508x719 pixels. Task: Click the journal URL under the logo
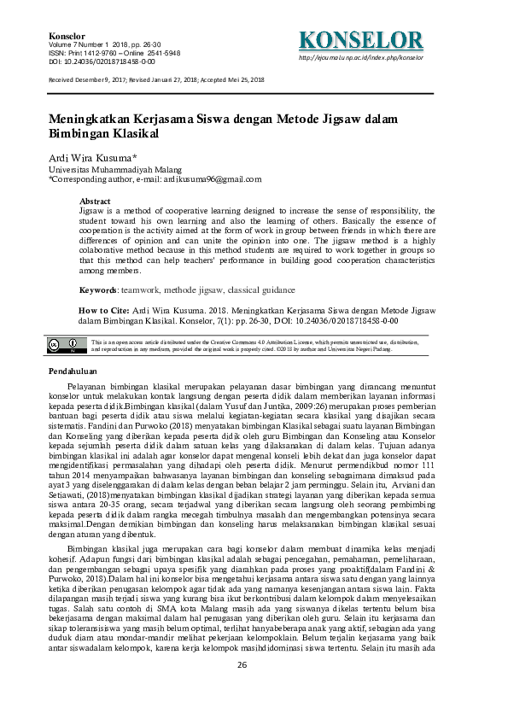[361, 58]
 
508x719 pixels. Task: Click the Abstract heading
[95, 200]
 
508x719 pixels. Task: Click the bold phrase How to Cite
[103, 311]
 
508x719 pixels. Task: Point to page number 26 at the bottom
[242, 688]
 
